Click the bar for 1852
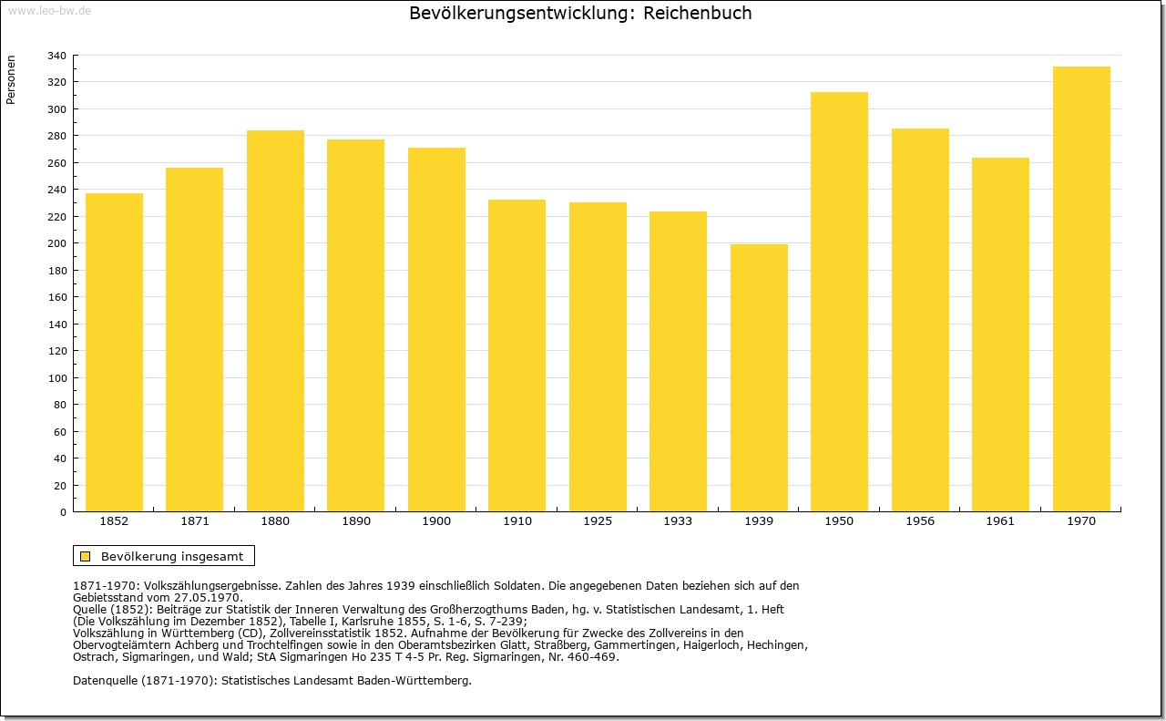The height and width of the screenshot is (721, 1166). click(x=114, y=352)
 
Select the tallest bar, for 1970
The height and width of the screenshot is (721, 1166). click(x=1081, y=289)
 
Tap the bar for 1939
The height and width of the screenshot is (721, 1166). click(x=759, y=377)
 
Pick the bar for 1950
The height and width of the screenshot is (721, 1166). click(x=839, y=302)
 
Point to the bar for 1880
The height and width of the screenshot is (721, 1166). click(x=275, y=321)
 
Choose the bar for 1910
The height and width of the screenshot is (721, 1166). click(x=517, y=355)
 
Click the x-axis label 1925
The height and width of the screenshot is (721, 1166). click(x=598, y=521)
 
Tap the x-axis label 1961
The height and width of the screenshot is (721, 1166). click(x=1000, y=521)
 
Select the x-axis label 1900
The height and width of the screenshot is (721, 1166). click(x=436, y=521)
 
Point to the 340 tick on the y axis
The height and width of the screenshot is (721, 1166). click(x=56, y=56)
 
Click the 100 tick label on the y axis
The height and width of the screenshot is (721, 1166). click(x=56, y=378)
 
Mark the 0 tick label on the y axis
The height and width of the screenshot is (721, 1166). click(x=63, y=512)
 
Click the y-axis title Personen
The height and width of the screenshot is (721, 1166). click(x=11, y=79)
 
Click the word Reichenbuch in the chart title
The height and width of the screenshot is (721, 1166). click(x=698, y=13)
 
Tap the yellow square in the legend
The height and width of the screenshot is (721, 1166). click(x=86, y=556)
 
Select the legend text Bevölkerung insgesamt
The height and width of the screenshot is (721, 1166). click(x=172, y=556)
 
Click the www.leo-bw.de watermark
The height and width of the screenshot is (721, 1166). click(x=49, y=11)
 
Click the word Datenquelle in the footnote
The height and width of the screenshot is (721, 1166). click(x=105, y=680)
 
